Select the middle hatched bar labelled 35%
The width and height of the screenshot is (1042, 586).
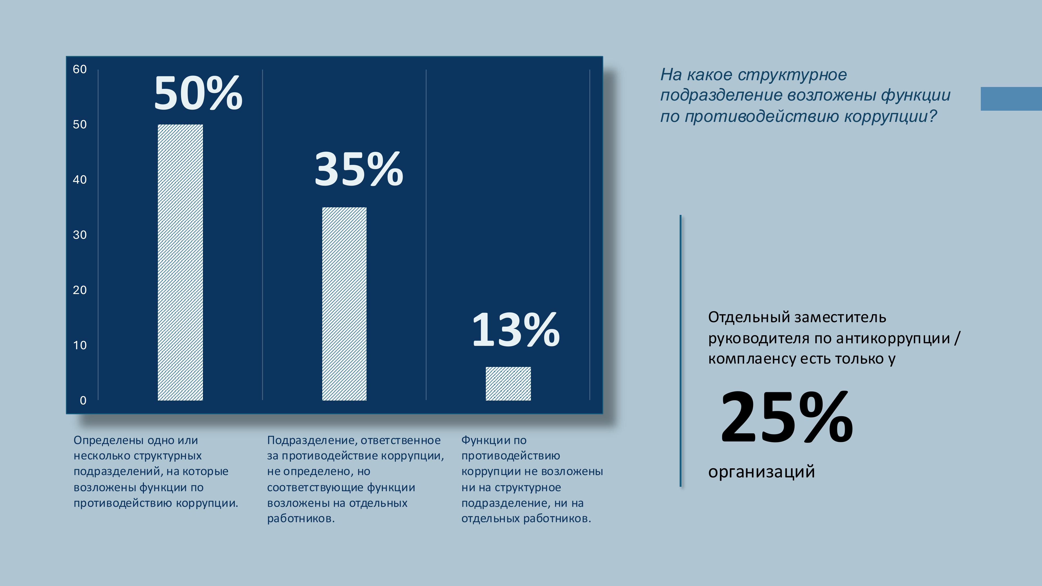(344, 304)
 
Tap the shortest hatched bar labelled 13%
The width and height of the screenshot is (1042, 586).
(508, 383)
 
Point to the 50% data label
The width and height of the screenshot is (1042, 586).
(198, 94)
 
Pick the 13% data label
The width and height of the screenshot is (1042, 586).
(516, 330)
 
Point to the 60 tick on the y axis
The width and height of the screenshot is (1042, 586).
(80, 69)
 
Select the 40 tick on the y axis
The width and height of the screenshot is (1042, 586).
(80, 179)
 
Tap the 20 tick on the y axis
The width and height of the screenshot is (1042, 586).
(80, 290)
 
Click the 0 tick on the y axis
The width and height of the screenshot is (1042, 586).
(83, 400)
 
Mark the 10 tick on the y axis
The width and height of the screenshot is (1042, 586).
(80, 345)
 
